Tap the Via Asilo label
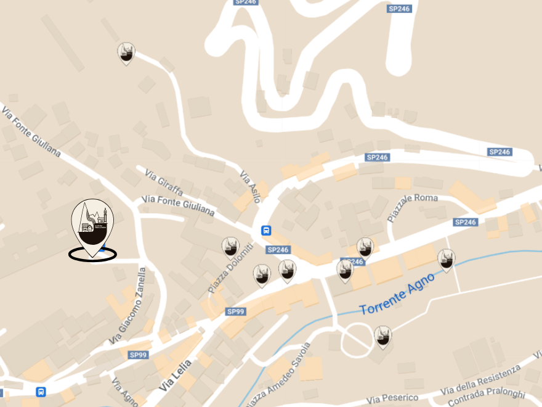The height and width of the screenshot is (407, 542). click(x=250, y=186)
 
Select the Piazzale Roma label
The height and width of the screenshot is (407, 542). click(x=412, y=207)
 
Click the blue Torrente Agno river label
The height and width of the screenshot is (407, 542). click(x=397, y=293)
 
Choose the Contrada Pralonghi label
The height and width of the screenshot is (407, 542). click(x=487, y=398)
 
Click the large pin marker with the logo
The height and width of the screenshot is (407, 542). click(x=93, y=223)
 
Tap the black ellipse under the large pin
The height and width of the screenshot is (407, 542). click(x=92, y=254)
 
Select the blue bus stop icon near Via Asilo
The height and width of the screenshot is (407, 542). click(x=266, y=231)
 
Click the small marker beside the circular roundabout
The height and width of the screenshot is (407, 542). click(x=383, y=336)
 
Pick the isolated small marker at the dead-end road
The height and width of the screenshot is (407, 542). click(x=126, y=53)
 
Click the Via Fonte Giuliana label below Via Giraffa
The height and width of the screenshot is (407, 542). click(x=178, y=205)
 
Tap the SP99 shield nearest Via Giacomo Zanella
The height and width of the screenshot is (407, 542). click(x=138, y=355)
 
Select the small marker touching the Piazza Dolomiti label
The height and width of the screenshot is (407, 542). click(x=230, y=247)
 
